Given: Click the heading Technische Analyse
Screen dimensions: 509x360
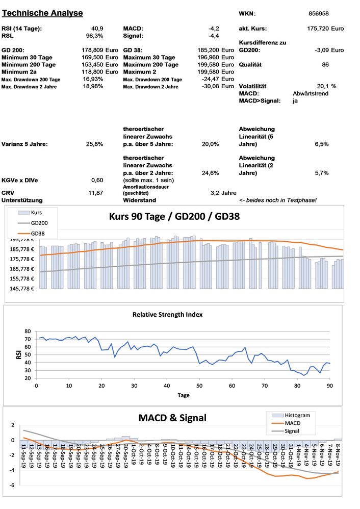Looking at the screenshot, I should [42, 13].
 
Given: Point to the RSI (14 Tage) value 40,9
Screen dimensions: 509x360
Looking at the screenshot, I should [97, 29].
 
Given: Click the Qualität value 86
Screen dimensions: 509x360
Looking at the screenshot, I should [325, 65].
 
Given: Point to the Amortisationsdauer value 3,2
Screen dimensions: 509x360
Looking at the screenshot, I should [215, 193].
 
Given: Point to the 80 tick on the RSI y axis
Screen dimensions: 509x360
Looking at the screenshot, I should [28, 332].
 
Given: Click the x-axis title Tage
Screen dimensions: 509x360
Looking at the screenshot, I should [183, 395].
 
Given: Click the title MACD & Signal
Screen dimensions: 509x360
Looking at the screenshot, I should [172, 418].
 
